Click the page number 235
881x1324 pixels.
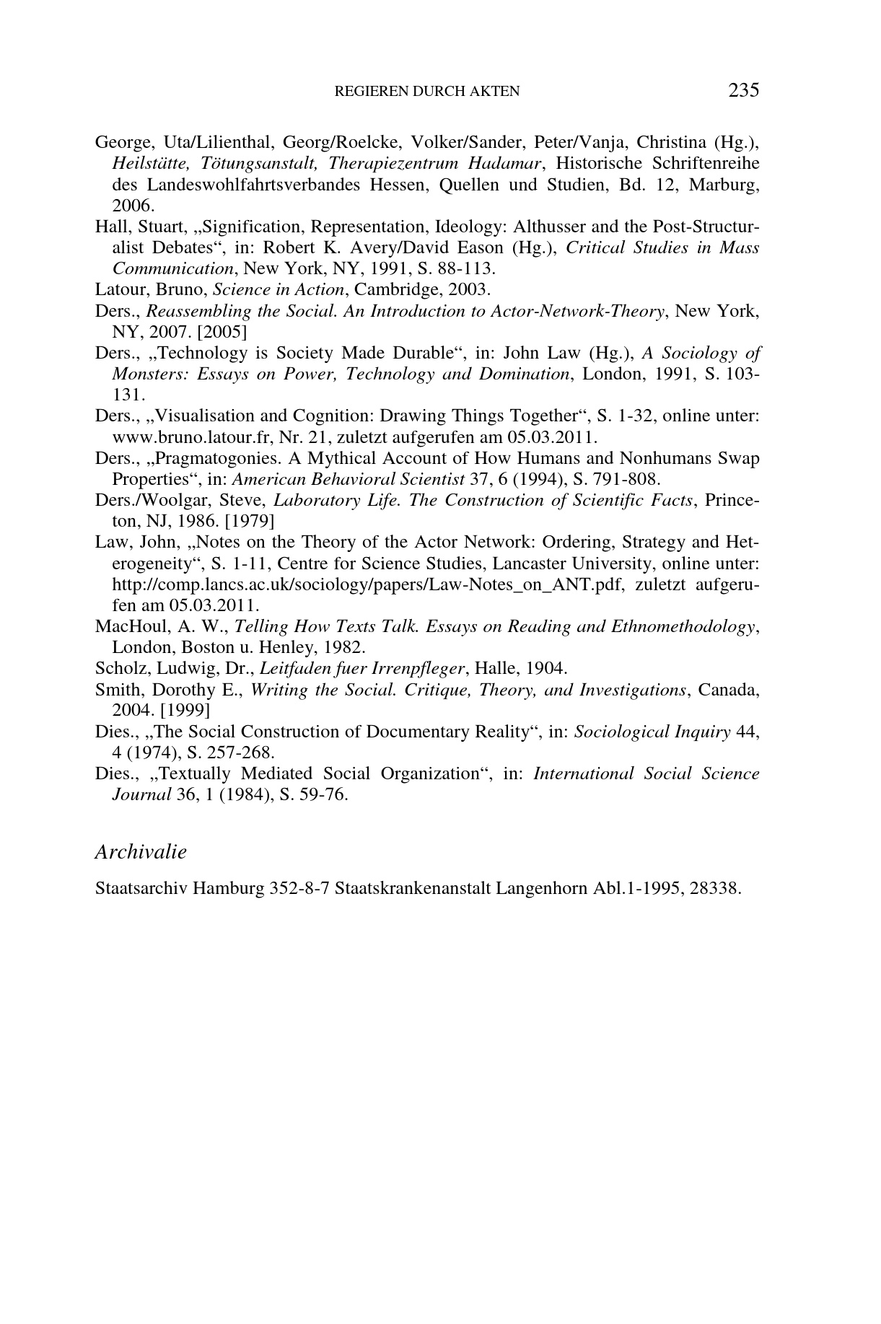[x=743, y=90]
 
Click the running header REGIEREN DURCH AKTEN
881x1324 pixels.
[x=427, y=92]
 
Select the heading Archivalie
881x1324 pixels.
[x=141, y=851]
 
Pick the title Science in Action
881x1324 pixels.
[x=279, y=290]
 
